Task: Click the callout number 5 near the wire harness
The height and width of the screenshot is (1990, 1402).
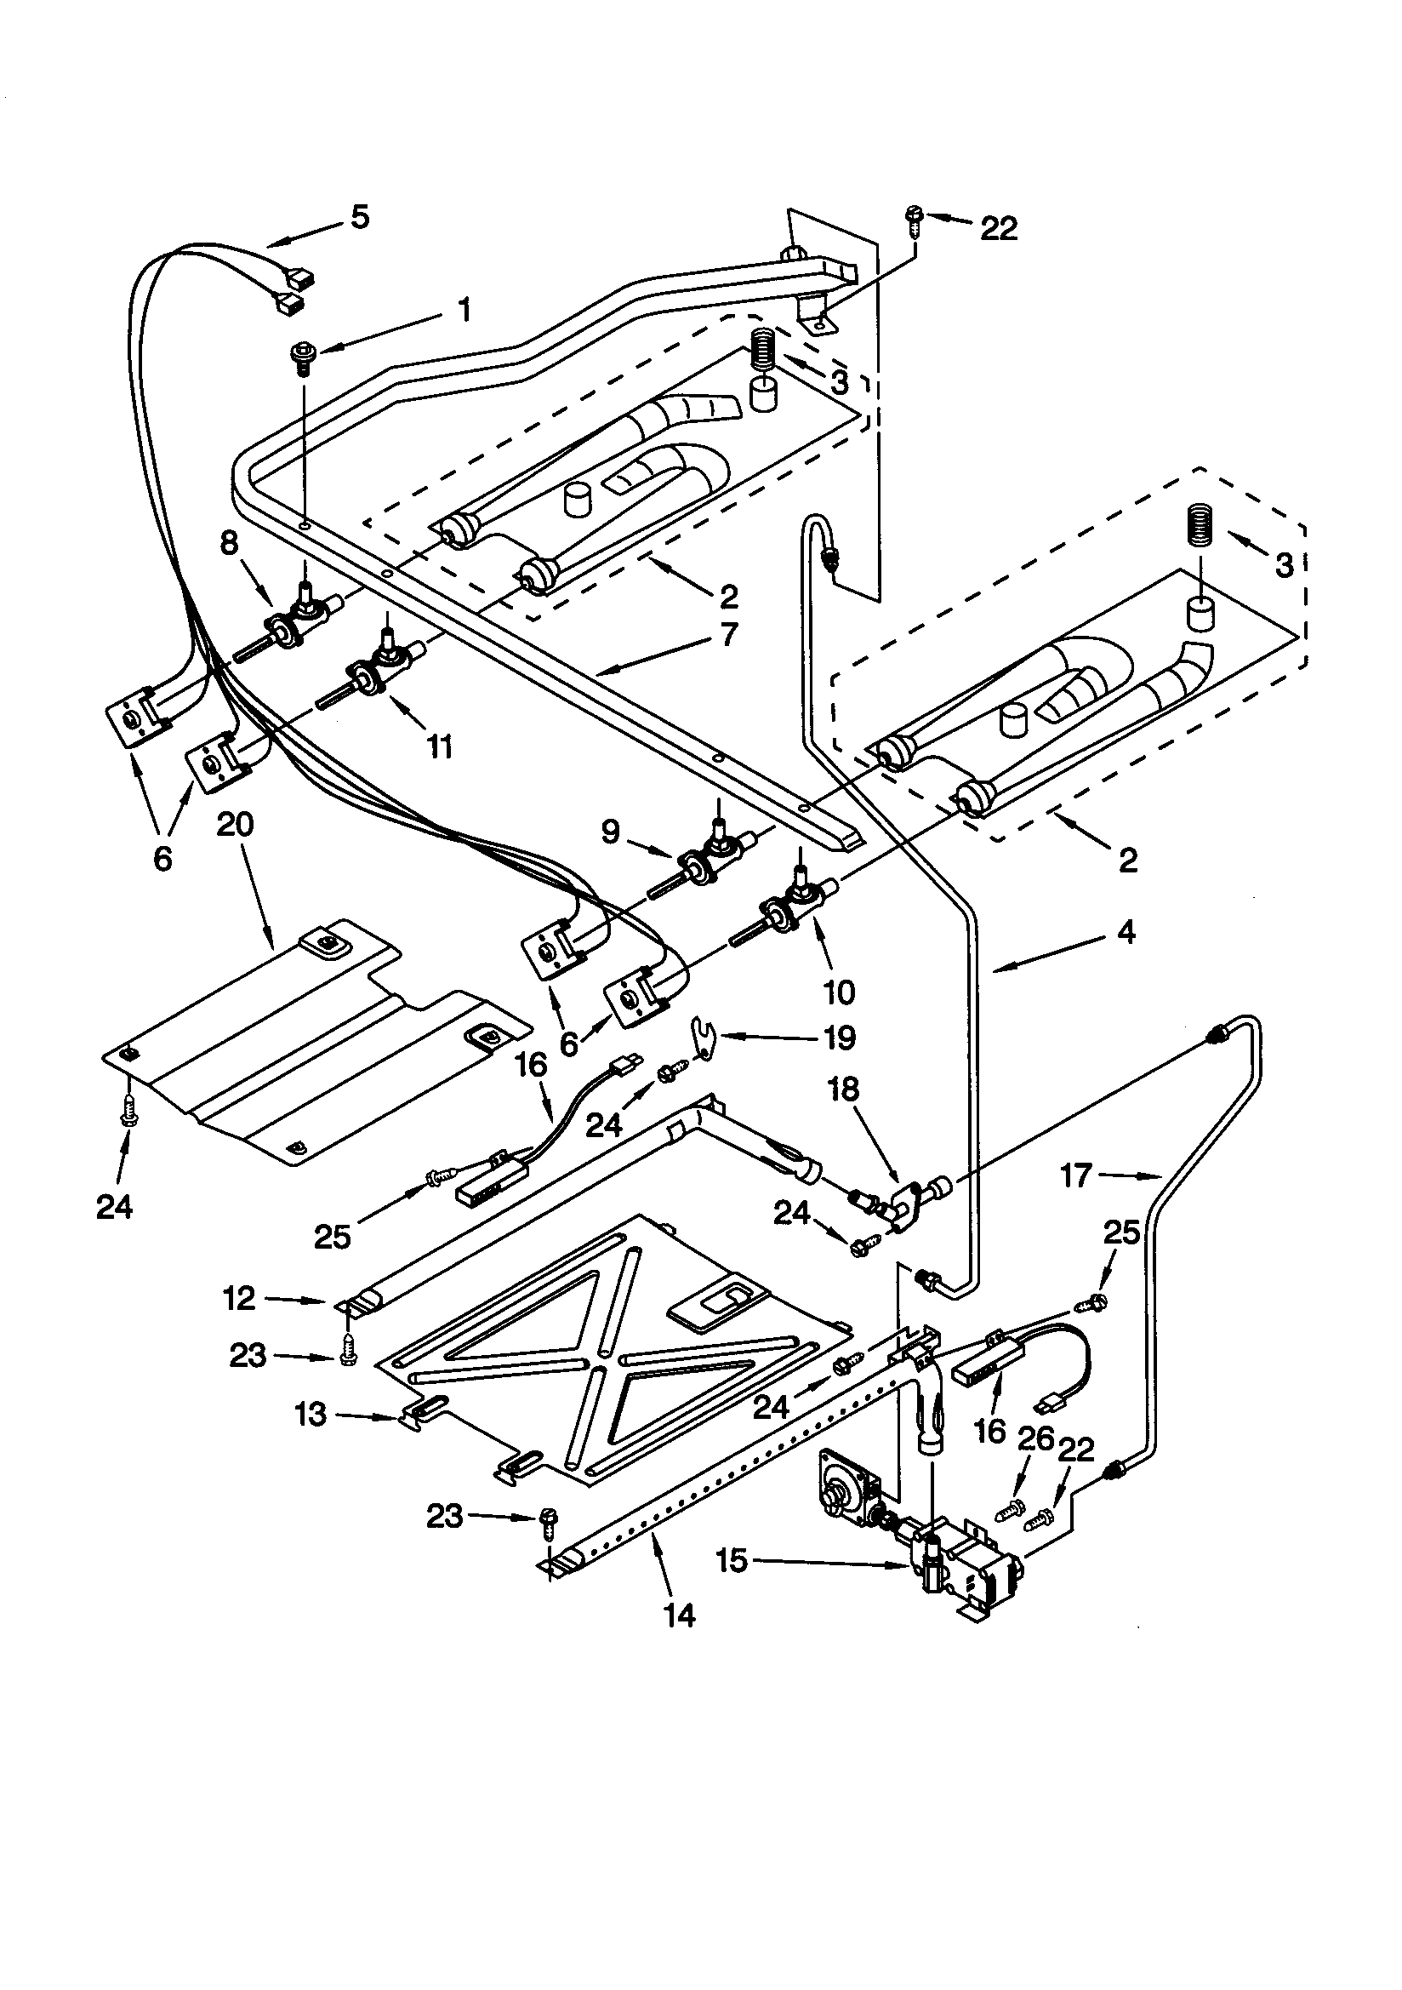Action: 359,217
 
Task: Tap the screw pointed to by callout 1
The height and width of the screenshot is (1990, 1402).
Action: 302,358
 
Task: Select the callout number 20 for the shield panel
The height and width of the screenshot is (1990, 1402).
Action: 235,824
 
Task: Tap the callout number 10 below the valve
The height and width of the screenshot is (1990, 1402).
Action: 839,992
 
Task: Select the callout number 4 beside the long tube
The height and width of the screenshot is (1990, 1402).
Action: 1125,933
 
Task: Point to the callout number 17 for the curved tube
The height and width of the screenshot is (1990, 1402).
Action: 1075,1176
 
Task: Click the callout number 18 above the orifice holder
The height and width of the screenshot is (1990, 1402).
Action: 843,1089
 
